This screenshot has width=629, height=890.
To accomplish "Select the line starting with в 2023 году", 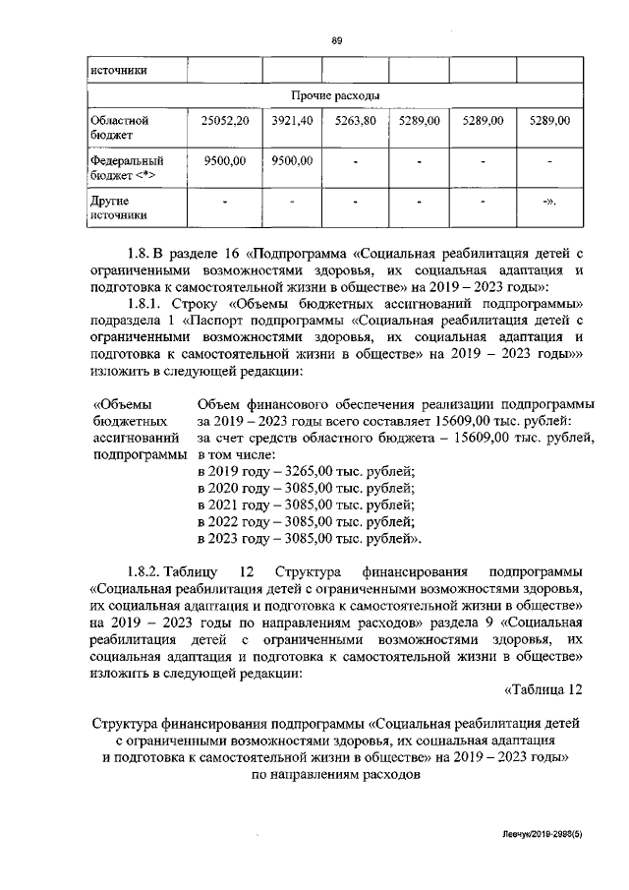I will (x=310, y=539).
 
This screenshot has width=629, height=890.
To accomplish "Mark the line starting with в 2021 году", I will (x=306, y=505).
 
